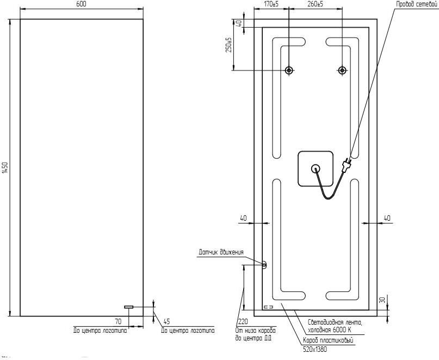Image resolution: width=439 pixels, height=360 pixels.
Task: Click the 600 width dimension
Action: (x=81, y=4)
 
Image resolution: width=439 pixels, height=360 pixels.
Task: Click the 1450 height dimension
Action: (x=6, y=167)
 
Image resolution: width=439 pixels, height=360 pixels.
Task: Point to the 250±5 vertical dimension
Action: (x=230, y=45)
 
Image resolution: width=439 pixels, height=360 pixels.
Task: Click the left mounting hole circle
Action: (x=289, y=70)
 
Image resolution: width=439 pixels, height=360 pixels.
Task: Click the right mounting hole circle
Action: (x=342, y=70)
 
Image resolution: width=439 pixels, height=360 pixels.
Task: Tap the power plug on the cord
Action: (x=347, y=165)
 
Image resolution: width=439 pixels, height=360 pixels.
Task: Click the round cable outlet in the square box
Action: (x=316, y=169)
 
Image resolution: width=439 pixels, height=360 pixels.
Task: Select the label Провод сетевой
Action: (x=417, y=4)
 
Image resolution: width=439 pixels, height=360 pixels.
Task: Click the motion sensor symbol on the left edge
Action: (x=264, y=265)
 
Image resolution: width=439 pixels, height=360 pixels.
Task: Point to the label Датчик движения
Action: (x=221, y=252)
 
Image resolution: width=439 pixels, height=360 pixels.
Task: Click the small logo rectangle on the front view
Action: (x=129, y=307)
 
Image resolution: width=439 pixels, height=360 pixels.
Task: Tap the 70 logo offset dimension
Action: (x=119, y=321)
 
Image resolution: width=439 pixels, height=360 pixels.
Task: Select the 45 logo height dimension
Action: (x=166, y=321)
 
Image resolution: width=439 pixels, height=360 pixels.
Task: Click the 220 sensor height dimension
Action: (x=243, y=321)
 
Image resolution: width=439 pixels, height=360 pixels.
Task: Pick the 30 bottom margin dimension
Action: (x=383, y=300)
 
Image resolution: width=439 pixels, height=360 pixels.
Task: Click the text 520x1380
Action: (x=314, y=349)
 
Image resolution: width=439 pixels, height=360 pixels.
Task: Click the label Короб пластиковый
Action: (x=328, y=340)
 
